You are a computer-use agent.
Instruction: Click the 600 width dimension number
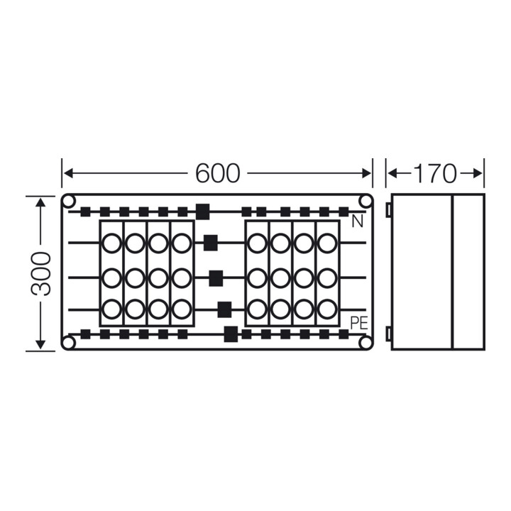[217, 173]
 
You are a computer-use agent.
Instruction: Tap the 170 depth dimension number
[435, 173]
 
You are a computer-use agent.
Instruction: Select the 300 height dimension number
[41, 274]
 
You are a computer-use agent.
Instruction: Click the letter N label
[358, 222]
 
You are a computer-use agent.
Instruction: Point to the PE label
[359, 324]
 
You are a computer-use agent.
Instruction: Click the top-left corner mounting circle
[68, 202]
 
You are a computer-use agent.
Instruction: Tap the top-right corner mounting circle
[366, 202]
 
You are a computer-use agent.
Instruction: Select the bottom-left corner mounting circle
[68, 343]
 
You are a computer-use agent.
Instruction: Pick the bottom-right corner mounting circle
[366, 343]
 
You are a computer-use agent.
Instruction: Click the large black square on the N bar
[203, 211]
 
